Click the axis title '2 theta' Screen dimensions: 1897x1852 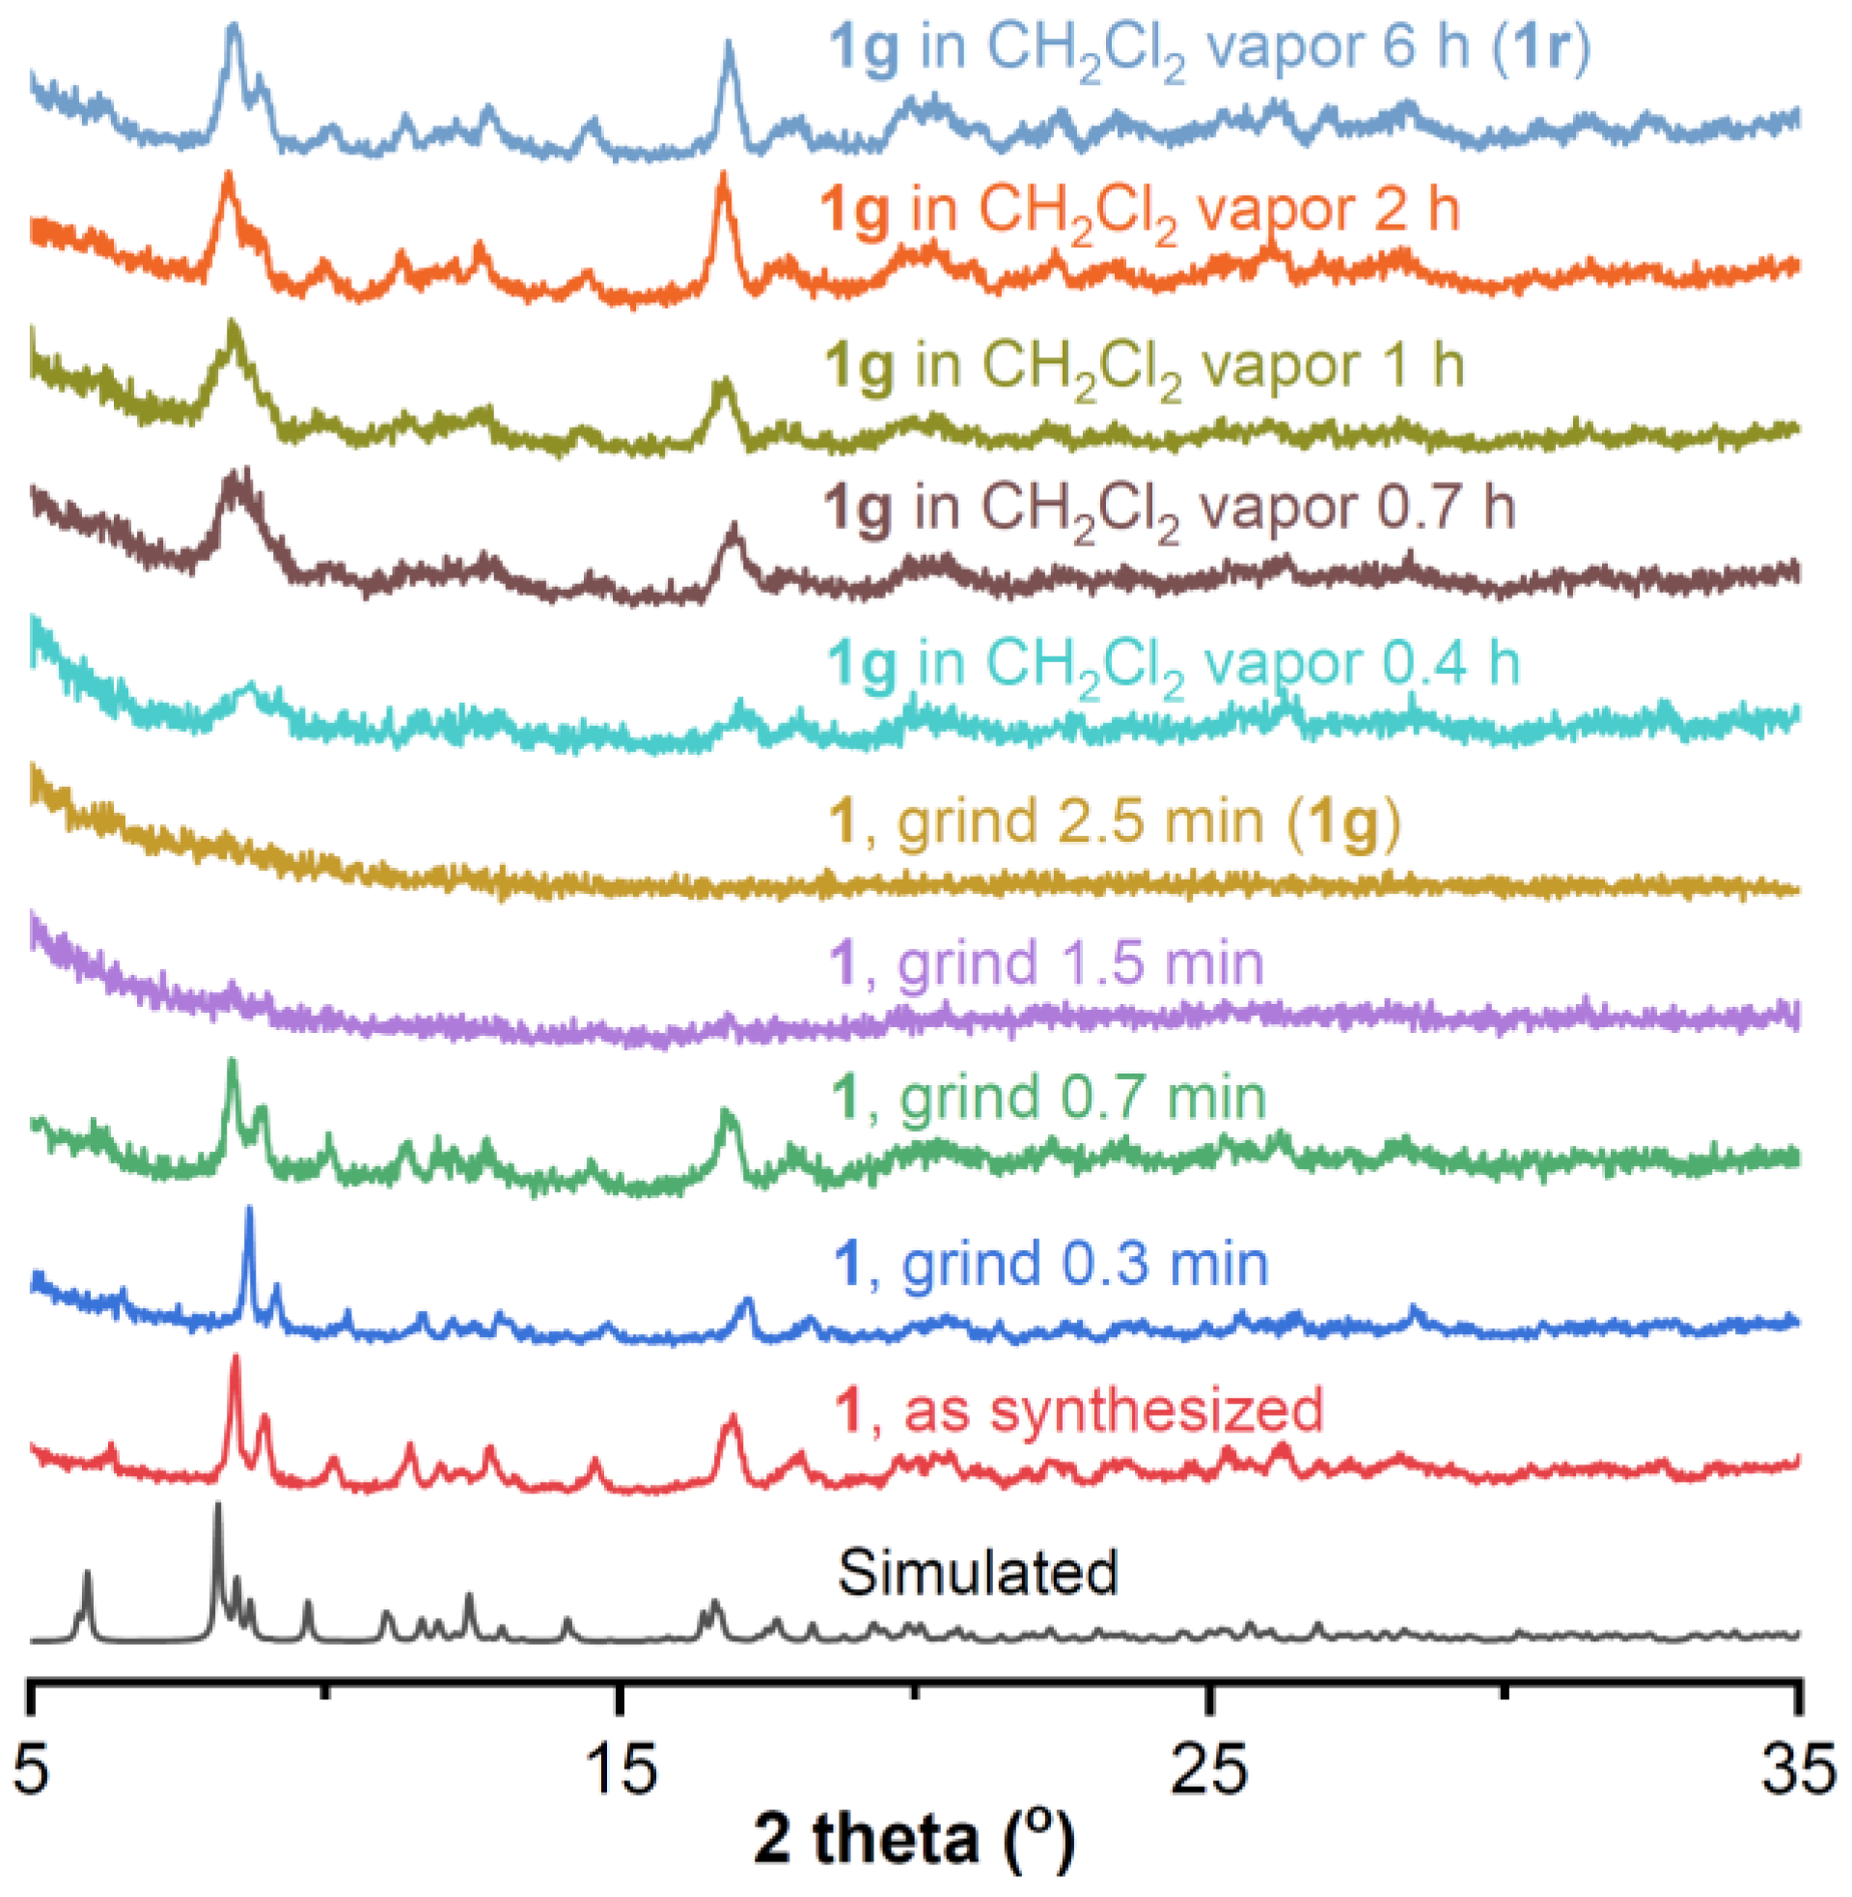pos(914,1842)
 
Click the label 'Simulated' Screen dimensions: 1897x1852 pos(978,1573)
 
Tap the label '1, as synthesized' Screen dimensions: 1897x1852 pos(1080,1409)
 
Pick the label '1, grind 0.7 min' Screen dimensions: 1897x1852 pos(1048,1099)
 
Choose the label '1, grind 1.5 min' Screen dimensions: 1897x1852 pos(1046,964)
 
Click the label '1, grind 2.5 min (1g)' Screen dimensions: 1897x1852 pos(1115,823)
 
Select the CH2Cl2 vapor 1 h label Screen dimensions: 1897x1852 pos(1144,368)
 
